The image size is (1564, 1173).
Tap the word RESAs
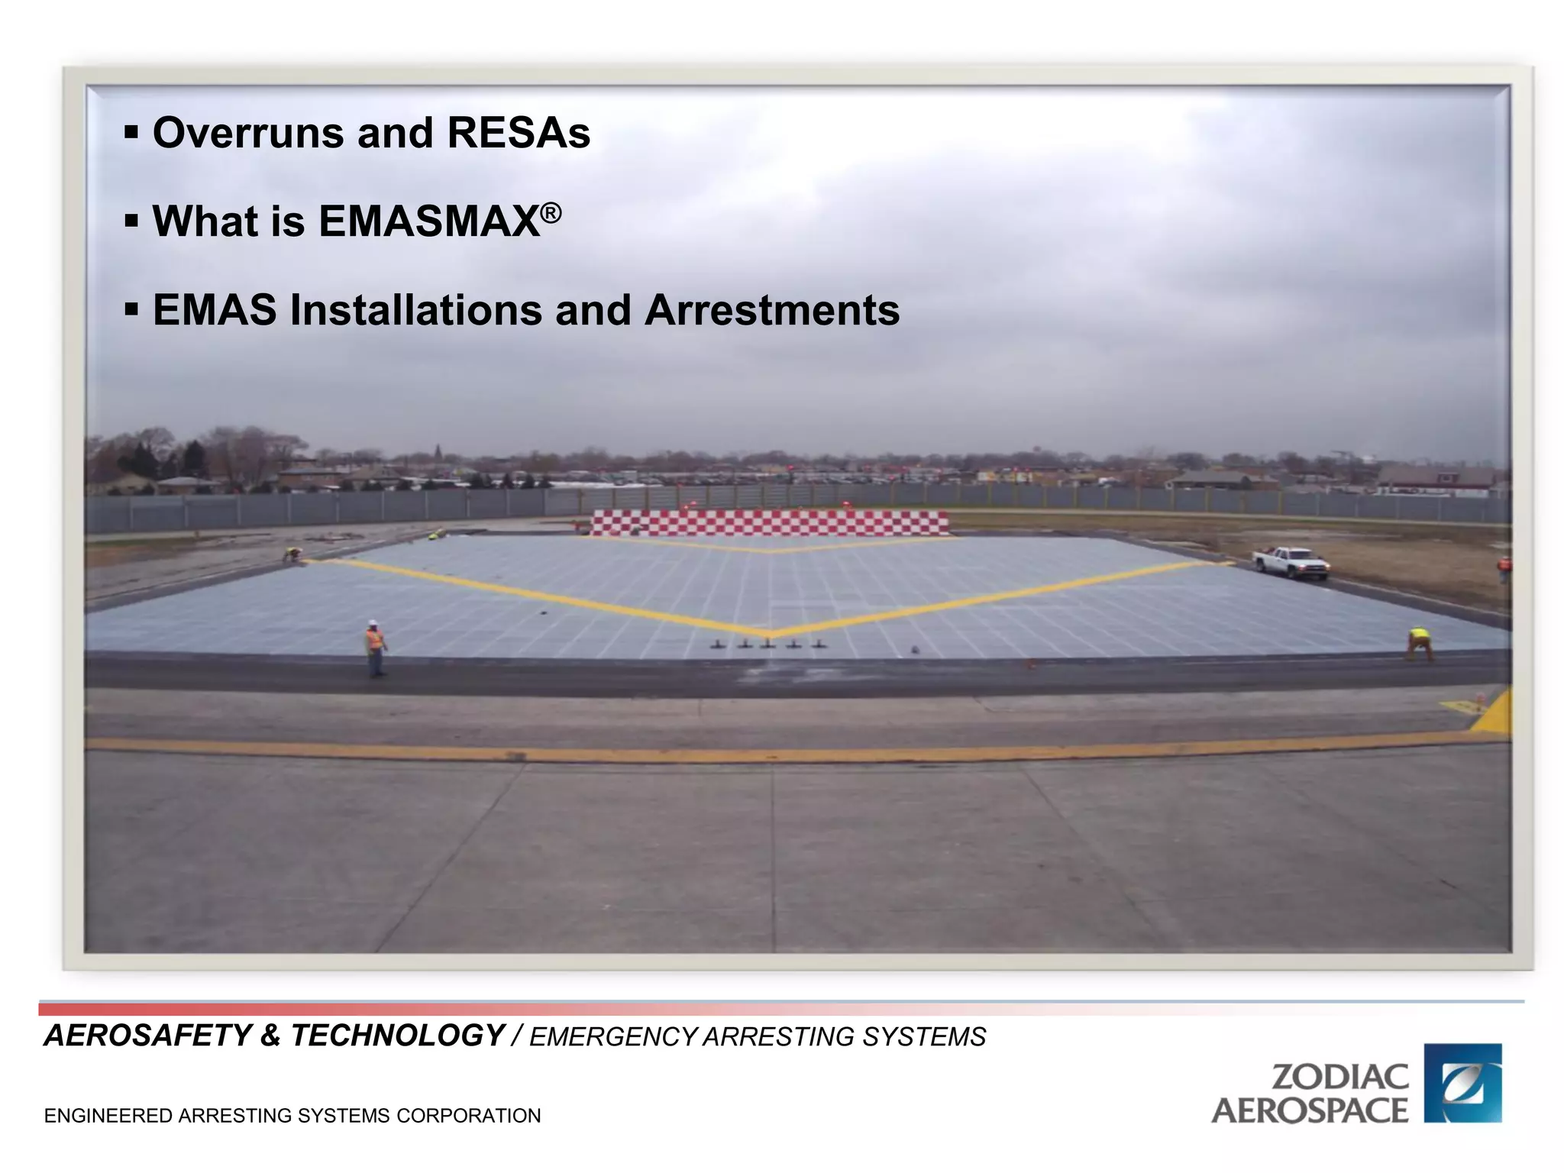(519, 133)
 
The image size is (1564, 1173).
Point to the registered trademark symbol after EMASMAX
(551, 212)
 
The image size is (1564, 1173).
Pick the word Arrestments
(771, 310)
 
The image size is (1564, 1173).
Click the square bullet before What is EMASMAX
(132, 222)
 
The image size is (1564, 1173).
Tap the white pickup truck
(1291, 562)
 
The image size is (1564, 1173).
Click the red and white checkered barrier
(769, 523)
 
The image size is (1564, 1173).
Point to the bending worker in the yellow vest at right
(1419, 644)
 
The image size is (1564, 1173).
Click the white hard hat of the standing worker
(373, 623)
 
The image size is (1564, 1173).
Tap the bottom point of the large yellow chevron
(769, 633)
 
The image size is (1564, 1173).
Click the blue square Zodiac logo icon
(1462, 1083)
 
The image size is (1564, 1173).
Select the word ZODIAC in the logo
(1339, 1078)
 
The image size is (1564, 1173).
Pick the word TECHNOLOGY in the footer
(397, 1036)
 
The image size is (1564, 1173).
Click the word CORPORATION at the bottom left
(468, 1116)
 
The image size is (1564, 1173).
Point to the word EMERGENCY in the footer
(613, 1037)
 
